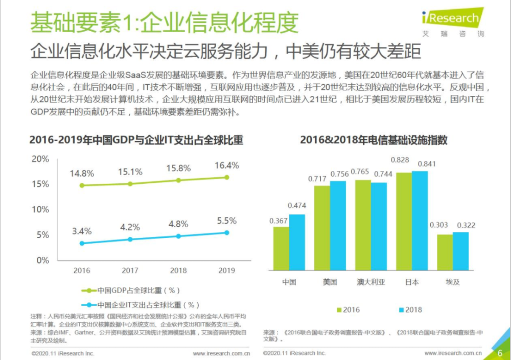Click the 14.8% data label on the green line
pos(83,173)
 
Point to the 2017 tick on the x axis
pos(130,270)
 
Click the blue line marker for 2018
pos(178,236)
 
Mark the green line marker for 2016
pos(82,185)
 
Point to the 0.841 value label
pos(427,164)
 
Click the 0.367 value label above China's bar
pos(279,221)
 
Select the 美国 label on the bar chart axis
pos(330,281)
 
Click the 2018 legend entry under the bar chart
pos(409,309)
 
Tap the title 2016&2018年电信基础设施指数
pos(374,139)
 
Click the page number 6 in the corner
pos(500,353)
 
